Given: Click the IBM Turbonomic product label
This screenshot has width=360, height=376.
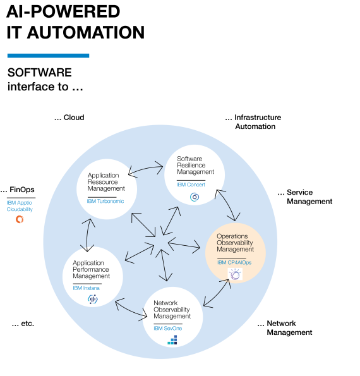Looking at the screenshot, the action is pos(105,201).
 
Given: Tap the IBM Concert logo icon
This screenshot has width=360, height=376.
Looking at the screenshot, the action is pos(195,197).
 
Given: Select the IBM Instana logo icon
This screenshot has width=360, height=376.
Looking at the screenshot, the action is pos(92,299).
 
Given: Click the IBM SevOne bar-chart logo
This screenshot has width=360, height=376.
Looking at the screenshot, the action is pos(172,340).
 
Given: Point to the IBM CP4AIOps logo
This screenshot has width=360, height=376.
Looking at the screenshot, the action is pos(235,274).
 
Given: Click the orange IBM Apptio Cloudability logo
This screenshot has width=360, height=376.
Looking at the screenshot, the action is pos(20,219).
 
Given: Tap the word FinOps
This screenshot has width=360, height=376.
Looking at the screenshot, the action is pos(22,190).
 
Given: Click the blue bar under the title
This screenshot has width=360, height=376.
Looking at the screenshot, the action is pos(48,56).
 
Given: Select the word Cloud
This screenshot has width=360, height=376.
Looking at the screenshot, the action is pos(74,118).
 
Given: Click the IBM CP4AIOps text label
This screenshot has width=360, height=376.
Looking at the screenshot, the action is pos(234,263).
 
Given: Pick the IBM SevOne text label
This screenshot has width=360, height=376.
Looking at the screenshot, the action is pos(168,328).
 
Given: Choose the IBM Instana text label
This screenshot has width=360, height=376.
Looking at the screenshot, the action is pos(86,288).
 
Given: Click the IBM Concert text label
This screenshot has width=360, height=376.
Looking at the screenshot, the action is pos(191,185).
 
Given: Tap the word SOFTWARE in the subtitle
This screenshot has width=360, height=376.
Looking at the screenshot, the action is pos(40,73).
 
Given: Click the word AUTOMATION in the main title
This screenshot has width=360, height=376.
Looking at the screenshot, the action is pos(86,32).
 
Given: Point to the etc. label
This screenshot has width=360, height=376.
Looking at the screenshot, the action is pos(28,324).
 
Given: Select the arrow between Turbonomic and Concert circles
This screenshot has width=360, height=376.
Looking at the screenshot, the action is pos(145,169).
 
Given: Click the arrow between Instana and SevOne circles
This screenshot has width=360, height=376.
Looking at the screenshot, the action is pos(131,309).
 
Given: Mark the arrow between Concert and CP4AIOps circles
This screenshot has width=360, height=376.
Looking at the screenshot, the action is pos(227,205).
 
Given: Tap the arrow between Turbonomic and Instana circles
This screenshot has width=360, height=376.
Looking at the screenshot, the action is pos(87,235).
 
